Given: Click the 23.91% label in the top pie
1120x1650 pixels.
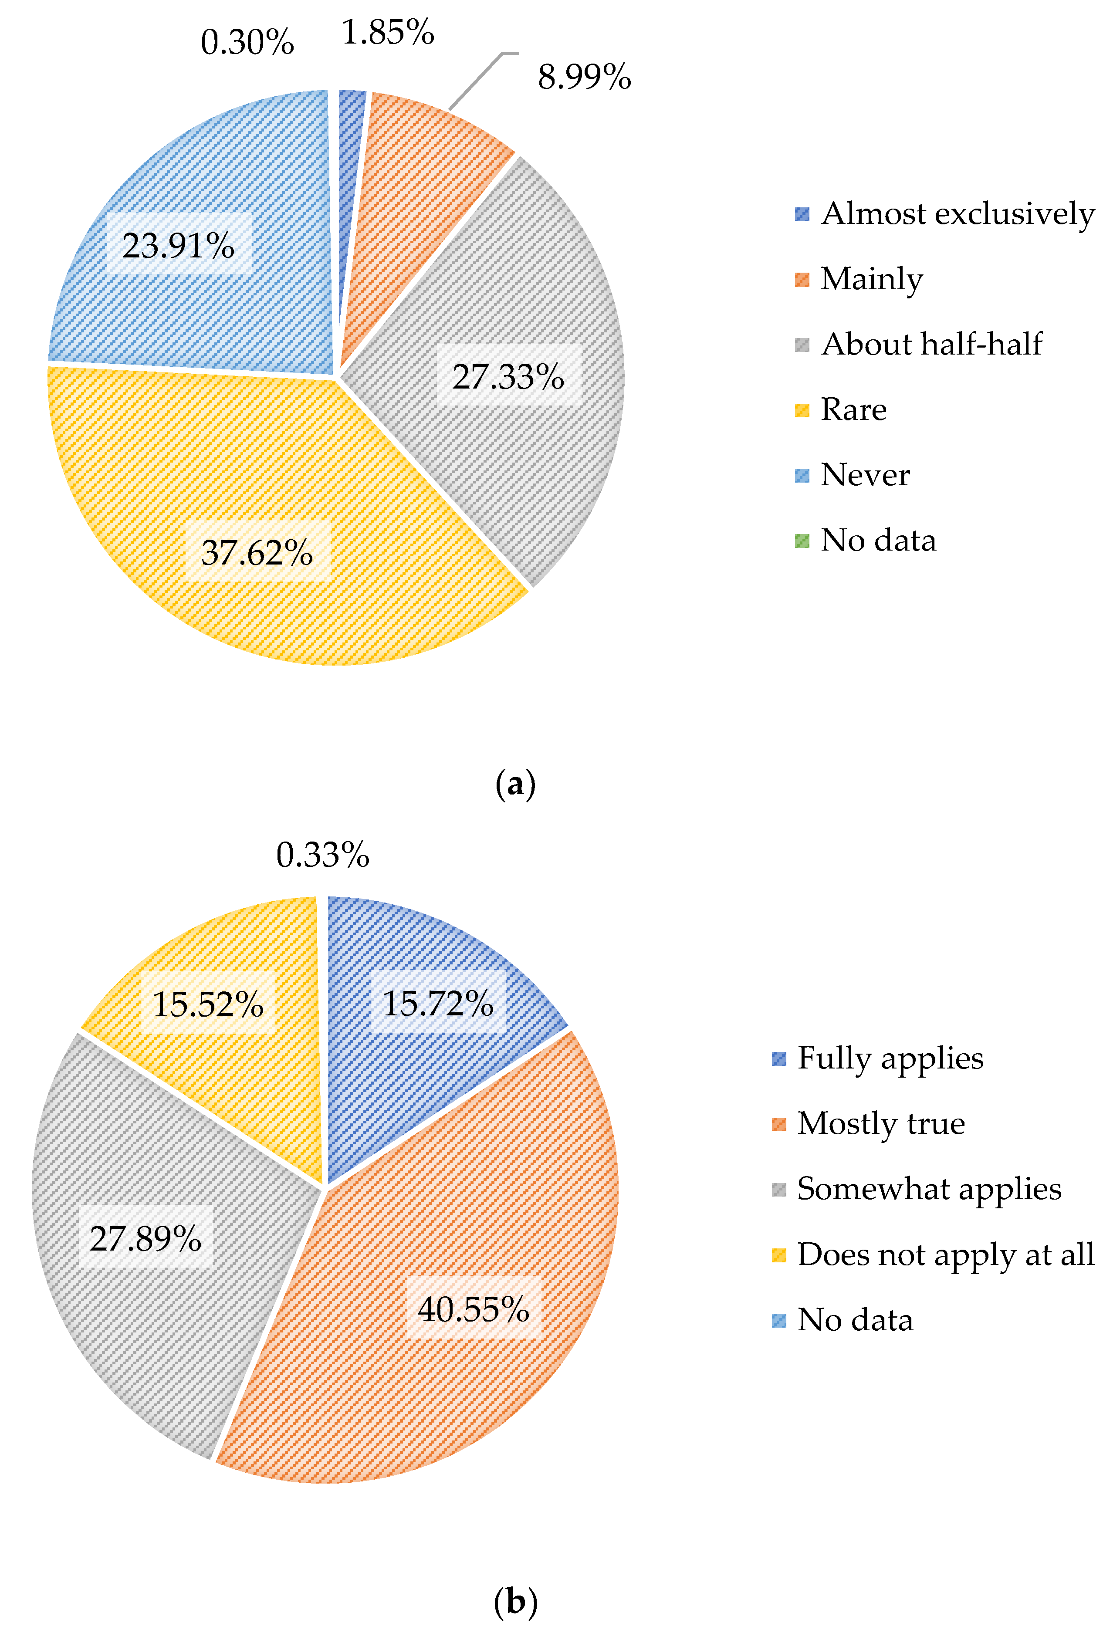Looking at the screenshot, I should click(x=178, y=246).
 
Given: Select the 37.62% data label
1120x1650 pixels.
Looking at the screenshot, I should click(x=257, y=552).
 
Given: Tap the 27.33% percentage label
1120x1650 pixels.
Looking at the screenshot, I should click(x=508, y=376).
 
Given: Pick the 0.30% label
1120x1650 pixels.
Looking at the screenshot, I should click(x=247, y=43).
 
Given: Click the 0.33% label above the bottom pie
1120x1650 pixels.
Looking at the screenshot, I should click(x=322, y=855).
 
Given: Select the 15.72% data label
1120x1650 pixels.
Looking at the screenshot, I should click(x=437, y=1003).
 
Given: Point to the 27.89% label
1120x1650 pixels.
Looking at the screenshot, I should click(x=145, y=1238).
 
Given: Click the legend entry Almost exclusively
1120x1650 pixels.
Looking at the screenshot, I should click(x=958, y=214).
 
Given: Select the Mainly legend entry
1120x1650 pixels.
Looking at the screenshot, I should click(x=871, y=279).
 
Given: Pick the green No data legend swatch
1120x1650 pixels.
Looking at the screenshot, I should click(x=802, y=541).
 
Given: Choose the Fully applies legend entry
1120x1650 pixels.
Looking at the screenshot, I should click(x=890, y=1058).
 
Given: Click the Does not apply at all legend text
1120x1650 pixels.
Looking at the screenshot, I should click(x=945, y=1254).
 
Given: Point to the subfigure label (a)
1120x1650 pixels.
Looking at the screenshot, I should click(x=515, y=784).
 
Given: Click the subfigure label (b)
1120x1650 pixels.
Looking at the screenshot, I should click(x=515, y=1602).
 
